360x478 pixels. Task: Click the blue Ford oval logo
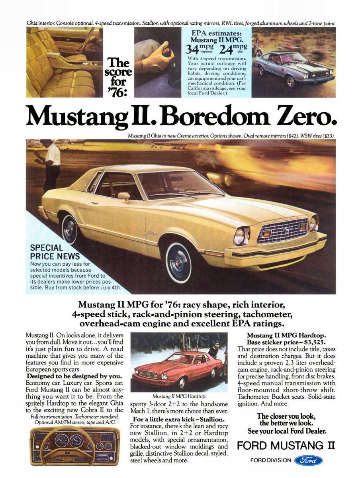(308, 460)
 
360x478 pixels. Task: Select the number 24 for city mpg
(226, 49)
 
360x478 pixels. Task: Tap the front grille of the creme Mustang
(282, 231)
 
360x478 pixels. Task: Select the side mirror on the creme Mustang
(124, 196)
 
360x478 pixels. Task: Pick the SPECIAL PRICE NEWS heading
(55, 252)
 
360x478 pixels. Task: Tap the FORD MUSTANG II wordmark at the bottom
(286, 445)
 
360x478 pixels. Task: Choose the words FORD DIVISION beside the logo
(271, 460)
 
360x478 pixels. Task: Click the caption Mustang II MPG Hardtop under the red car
(179, 397)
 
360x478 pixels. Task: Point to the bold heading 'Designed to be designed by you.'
(74, 376)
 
